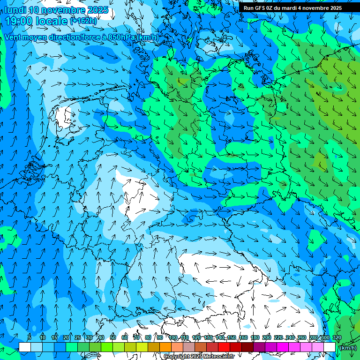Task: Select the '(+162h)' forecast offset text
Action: [x=84, y=21]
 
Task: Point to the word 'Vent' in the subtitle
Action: [x=14, y=37]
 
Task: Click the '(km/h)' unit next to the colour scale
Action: [x=347, y=348]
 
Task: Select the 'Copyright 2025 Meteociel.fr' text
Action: [x=199, y=357]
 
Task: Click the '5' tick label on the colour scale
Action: [x=30, y=338]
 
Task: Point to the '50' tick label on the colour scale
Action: [x=113, y=338]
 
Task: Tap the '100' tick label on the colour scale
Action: [x=173, y=338]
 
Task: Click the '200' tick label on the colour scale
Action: [x=267, y=338]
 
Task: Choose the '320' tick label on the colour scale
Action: [x=337, y=338]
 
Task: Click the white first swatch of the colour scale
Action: [x=25, y=347]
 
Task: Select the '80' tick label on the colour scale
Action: [x=148, y=338]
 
